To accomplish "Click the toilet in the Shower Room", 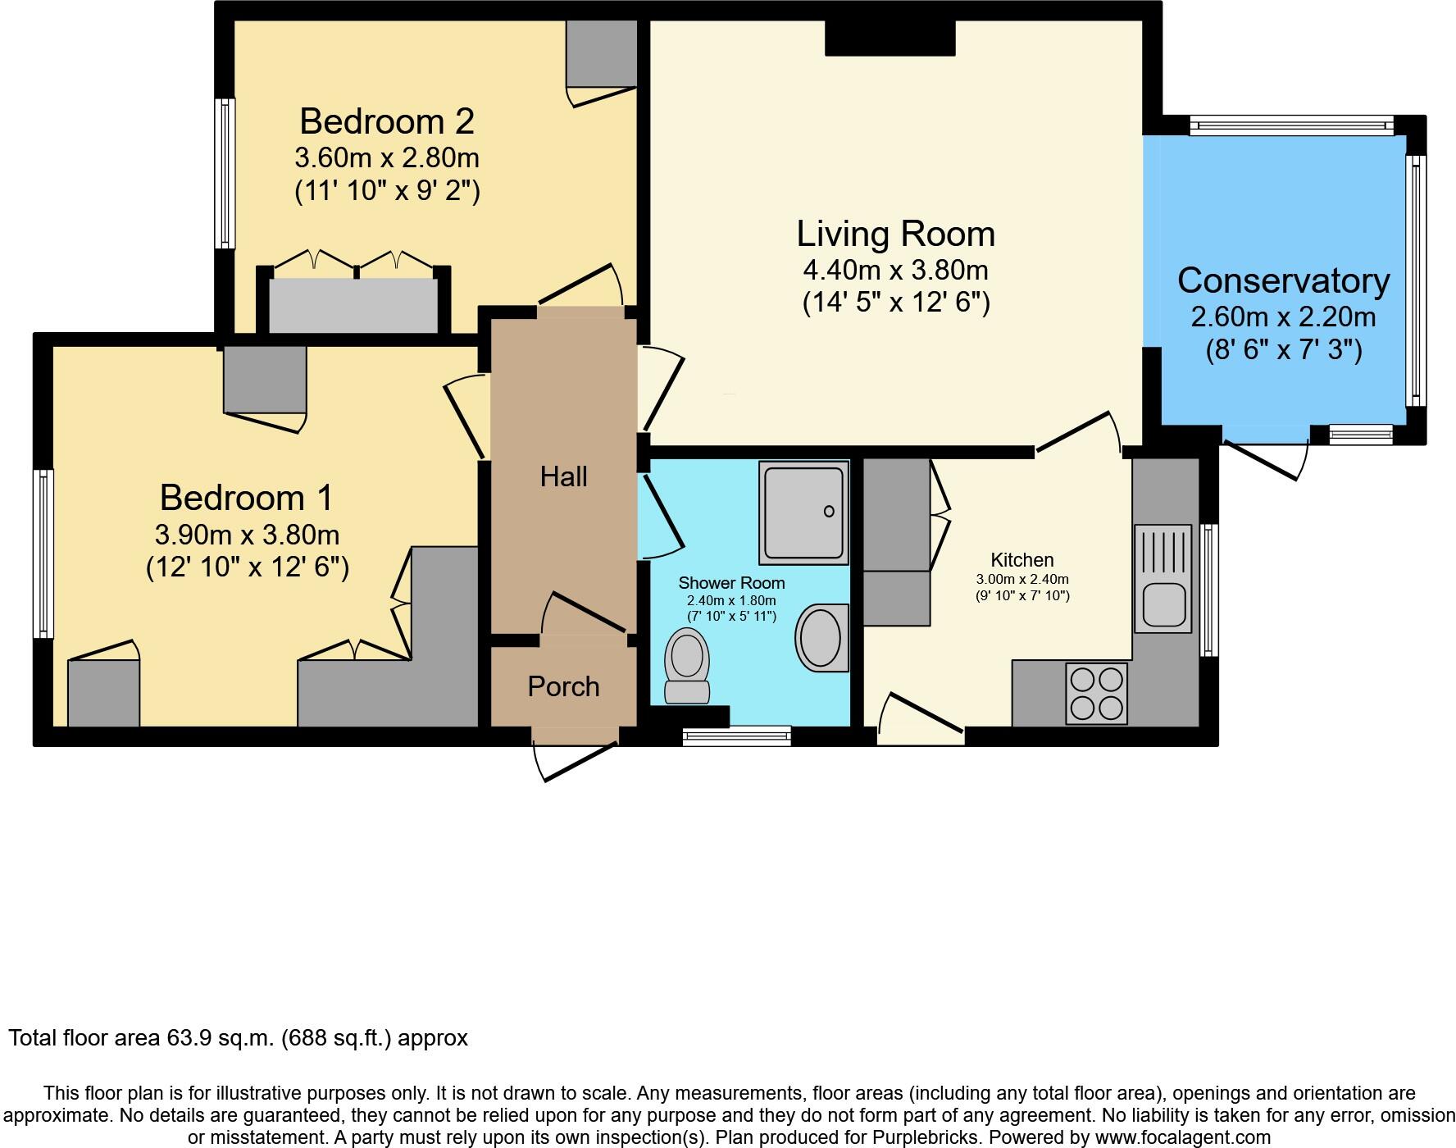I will tap(687, 664).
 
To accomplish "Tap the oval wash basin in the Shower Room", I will tap(820, 638).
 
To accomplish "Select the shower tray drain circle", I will tap(829, 512).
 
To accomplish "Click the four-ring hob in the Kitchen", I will tap(1097, 694).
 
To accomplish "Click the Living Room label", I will tap(895, 234).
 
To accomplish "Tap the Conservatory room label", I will tap(1283, 280).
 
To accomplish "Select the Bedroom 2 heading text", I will tap(386, 121).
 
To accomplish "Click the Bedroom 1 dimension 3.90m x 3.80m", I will tap(247, 535).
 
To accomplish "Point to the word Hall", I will tap(563, 476).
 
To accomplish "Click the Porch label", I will tap(563, 686).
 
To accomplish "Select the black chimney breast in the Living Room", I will tap(890, 38).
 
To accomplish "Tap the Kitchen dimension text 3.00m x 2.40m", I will tap(1021, 579).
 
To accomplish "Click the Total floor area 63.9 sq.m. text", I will tap(238, 1038).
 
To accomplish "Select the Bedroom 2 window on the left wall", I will tap(225, 173).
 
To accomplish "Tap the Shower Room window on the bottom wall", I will tap(736, 736).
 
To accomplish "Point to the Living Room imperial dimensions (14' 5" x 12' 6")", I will tap(895, 303).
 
